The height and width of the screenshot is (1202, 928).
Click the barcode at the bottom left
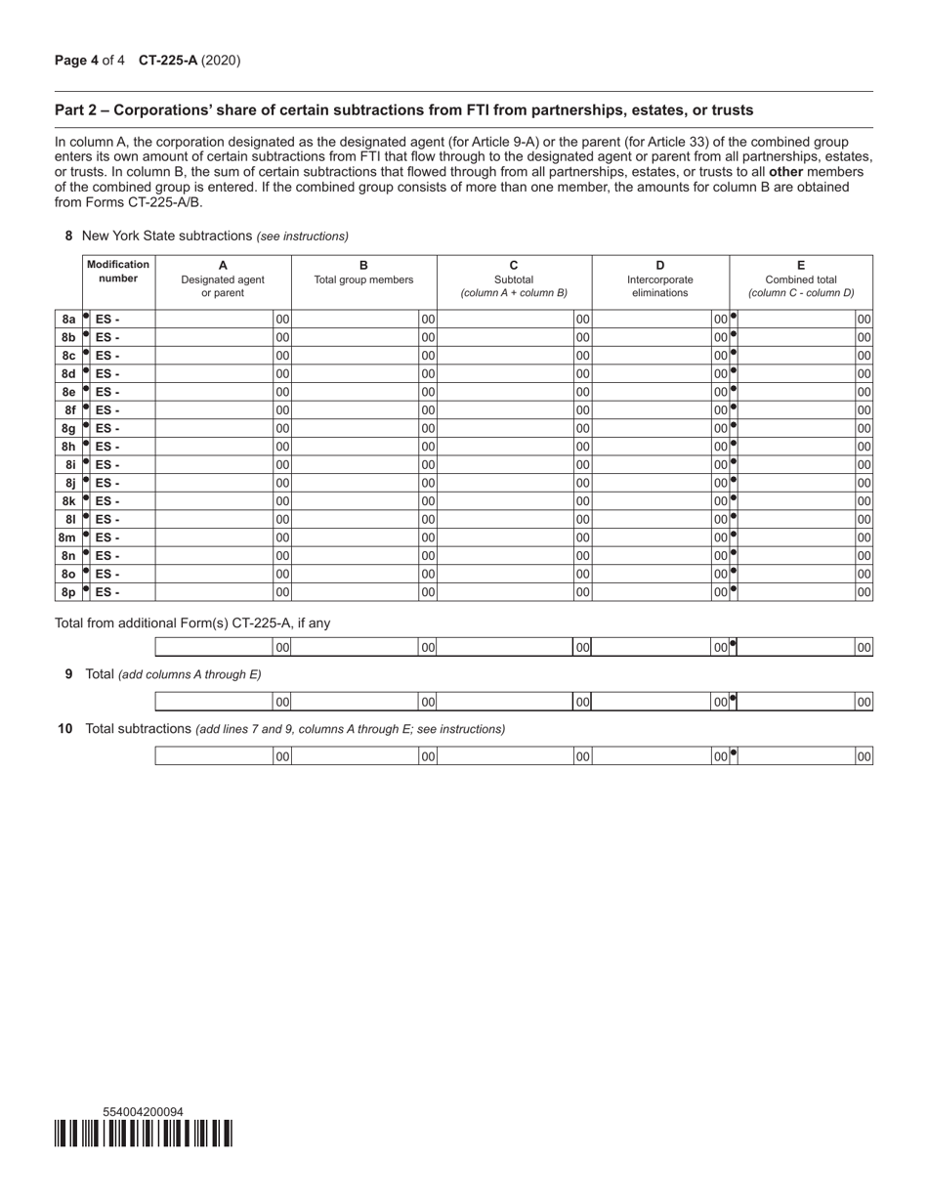pos(144,1134)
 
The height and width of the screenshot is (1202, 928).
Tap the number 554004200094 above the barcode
pos(143,1112)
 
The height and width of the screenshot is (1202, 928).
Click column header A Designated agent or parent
pos(223,279)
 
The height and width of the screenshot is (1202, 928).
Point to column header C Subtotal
pos(514,279)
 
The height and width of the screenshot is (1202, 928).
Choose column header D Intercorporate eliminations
pos(659,279)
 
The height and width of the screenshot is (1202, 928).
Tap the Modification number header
pos(118,271)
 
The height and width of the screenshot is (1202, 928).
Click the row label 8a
pos(68,319)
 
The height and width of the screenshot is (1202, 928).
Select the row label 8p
pos(68,592)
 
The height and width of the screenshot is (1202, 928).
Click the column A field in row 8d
pos(214,373)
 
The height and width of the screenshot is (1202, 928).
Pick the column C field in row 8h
pos(505,446)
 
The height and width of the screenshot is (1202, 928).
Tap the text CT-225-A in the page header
pos(168,61)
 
